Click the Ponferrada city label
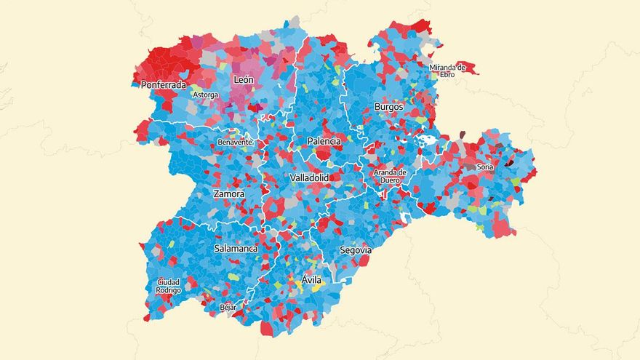tap(164, 84)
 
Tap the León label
tap(243, 79)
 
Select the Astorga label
tap(204, 95)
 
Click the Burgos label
tap(388, 107)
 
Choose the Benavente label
tap(235, 142)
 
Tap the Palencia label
tap(324, 140)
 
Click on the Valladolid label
tap(309, 177)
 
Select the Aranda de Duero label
tap(390, 177)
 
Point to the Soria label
tap(485, 167)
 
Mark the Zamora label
tap(228, 194)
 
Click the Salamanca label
tap(236, 249)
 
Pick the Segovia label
tap(356, 250)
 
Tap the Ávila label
tap(311, 280)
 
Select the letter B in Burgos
tap(377, 107)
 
